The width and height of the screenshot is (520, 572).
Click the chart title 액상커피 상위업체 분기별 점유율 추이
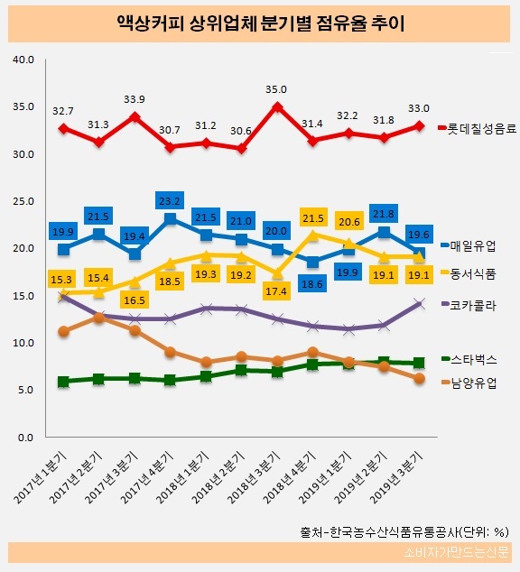[x=260, y=22]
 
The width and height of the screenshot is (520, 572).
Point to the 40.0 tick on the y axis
[x=23, y=60]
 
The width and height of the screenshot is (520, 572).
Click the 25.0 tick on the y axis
[x=23, y=201]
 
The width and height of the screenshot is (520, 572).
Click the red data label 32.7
[x=63, y=111]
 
